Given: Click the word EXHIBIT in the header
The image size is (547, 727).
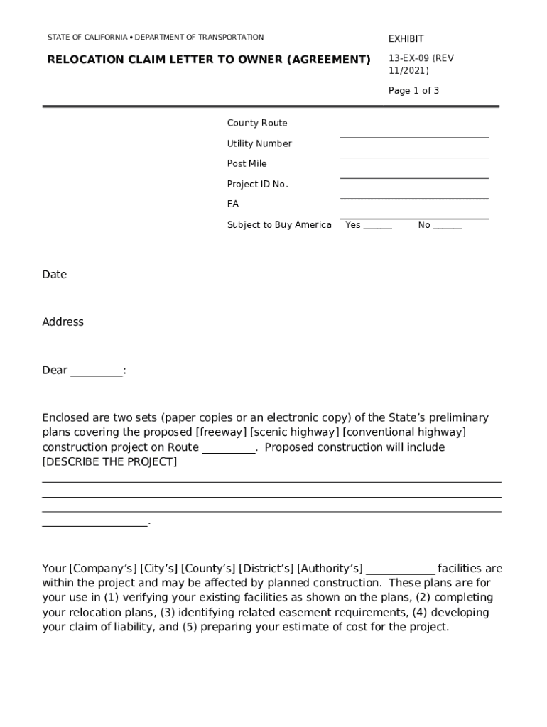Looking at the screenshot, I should coord(406,39).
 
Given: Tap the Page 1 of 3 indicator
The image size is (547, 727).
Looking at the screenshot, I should coord(413,91).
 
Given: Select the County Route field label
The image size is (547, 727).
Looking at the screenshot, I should coord(257,124).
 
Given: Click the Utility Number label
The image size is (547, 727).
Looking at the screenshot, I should coord(259,144).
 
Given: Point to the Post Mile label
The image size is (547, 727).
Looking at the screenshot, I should coord(247,164).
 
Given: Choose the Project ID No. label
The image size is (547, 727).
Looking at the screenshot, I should coord(257,185).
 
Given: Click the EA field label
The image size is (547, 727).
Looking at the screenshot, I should coord(233,204).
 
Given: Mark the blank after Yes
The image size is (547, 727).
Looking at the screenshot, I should coord(377,226).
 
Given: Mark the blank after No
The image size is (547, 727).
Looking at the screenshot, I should coord(447,226).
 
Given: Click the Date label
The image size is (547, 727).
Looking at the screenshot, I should coord(54,275).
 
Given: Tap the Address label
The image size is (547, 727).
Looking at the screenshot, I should coord(63,322).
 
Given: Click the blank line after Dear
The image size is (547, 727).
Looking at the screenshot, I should coord(96,372).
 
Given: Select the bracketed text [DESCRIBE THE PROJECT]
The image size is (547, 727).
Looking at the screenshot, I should coord(109,462).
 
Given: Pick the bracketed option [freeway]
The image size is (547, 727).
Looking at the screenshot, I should coord(221,432).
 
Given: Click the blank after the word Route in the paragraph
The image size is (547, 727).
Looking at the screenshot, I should coord(229,449).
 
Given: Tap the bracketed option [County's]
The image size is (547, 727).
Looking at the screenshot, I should coord(208,569).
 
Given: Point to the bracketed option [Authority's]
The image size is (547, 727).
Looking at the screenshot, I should coord(330,569).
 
